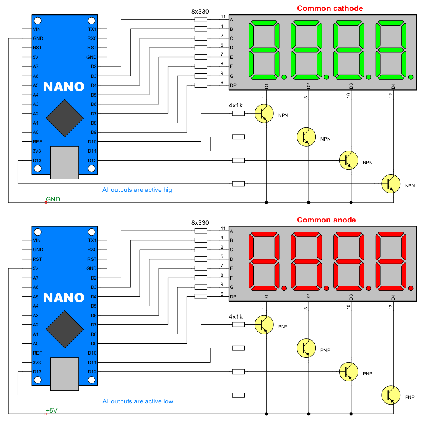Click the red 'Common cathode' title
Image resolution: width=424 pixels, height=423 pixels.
(x=330, y=8)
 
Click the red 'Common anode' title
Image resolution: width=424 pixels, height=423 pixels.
(x=326, y=220)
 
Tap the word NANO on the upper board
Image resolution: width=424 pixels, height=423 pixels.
(x=64, y=87)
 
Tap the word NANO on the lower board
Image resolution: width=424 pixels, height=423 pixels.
(x=64, y=298)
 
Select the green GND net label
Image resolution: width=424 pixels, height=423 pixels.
(x=53, y=199)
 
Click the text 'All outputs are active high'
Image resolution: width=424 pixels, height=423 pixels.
(x=139, y=190)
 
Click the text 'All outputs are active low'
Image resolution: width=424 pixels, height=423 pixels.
(x=138, y=401)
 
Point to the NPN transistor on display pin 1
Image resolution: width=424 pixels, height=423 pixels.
(x=264, y=113)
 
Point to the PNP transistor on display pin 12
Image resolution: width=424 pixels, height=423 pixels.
(x=391, y=395)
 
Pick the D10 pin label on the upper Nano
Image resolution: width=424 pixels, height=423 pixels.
(x=92, y=142)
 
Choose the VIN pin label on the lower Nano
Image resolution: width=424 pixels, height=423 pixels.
(x=37, y=240)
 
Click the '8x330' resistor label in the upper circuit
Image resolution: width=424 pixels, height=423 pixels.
(x=200, y=12)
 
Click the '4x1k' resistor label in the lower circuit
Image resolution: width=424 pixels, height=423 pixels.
(x=236, y=317)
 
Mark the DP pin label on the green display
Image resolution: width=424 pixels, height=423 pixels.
(x=233, y=85)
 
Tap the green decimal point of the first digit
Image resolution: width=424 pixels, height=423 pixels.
(x=284, y=77)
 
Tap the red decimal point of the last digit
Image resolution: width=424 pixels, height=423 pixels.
(x=410, y=288)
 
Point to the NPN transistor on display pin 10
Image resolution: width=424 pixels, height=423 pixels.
(x=349, y=160)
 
